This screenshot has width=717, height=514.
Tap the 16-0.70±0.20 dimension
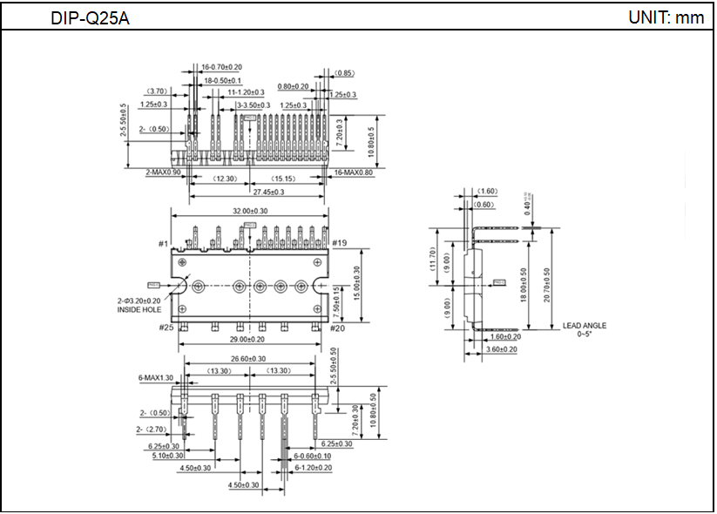point(222,67)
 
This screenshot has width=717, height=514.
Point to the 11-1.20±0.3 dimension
point(247,91)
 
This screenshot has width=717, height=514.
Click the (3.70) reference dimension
point(158,91)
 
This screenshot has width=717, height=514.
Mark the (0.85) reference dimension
point(344,73)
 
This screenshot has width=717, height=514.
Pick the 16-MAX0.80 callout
point(354,172)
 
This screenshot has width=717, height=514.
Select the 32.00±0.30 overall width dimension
point(250,212)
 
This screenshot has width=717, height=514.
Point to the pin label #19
point(340,243)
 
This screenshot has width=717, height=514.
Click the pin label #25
point(166,328)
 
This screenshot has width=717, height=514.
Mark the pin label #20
point(339,328)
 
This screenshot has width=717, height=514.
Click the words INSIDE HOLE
point(139,309)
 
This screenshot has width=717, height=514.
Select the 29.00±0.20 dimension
point(250,338)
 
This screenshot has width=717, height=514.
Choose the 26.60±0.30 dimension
point(249,359)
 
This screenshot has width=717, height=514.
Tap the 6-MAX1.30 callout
point(155,378)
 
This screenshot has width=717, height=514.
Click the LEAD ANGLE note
point(585,326)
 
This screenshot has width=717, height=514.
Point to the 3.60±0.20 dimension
point(500,349)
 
